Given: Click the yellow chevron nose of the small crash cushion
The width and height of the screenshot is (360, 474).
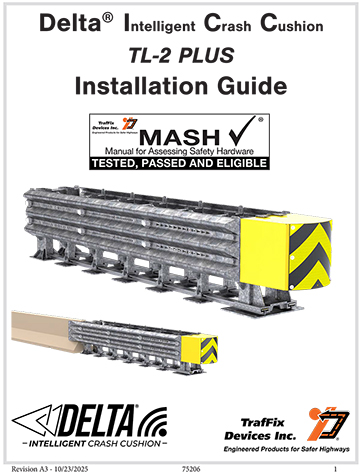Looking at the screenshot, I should [209, 348].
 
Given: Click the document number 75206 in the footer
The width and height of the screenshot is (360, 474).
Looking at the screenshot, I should [191, 466].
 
